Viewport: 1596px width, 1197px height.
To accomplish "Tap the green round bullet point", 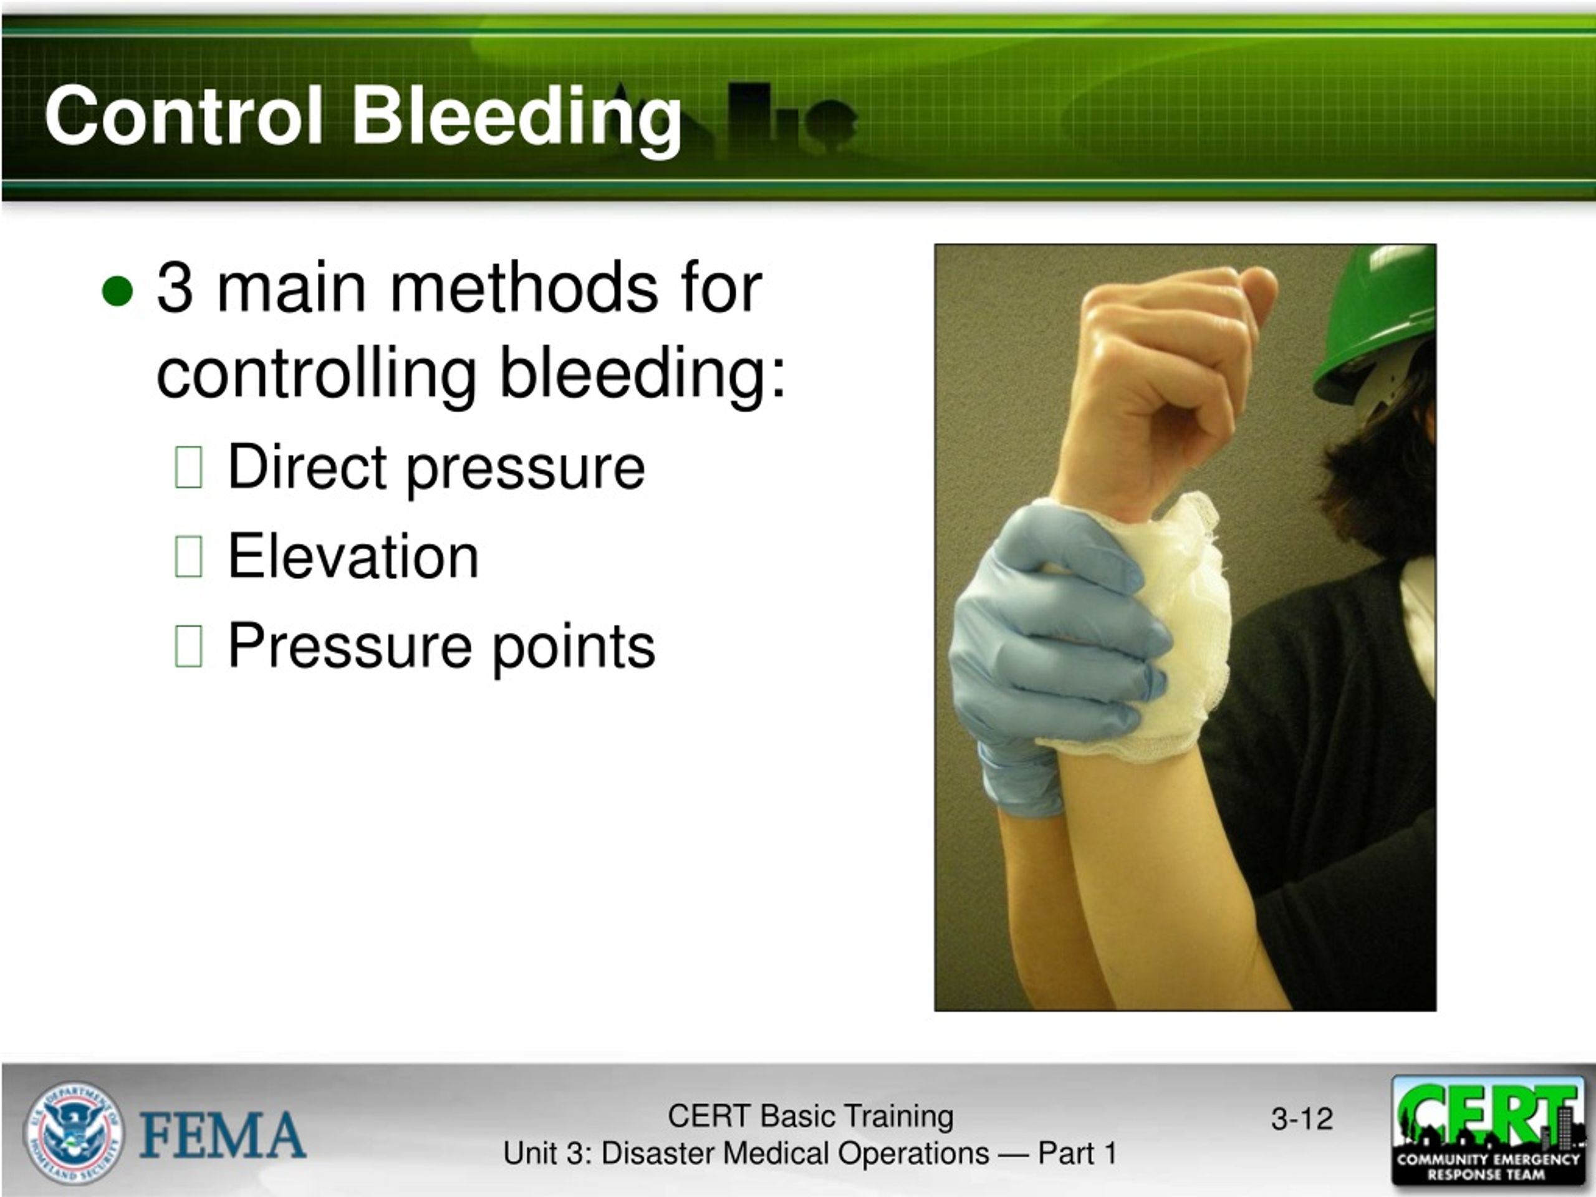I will click(x=118, y=290).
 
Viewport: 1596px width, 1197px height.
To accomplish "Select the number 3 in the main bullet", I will click(x=175, y=288).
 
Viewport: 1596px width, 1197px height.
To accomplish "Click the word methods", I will click(x=524, y=288).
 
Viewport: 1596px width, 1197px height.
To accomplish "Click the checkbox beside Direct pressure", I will click(x=188, y=468).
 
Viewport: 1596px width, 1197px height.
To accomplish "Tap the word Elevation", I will click(x=353, y=556).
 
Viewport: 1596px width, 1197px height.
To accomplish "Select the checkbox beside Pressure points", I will click(x=188, y=646).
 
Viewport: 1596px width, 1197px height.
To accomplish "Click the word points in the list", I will click(x=574, y=646).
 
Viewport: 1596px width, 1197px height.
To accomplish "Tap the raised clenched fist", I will click(x=1169, y=361).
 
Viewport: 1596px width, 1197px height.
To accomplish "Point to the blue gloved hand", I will click(x=1046, y=650).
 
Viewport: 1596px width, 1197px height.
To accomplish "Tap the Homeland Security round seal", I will click(x=74, y=1133).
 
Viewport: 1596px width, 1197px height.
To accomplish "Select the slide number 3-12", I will click(x=1302, y=1119).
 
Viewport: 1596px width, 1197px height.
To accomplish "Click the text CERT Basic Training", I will click(x=810, y=1116).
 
